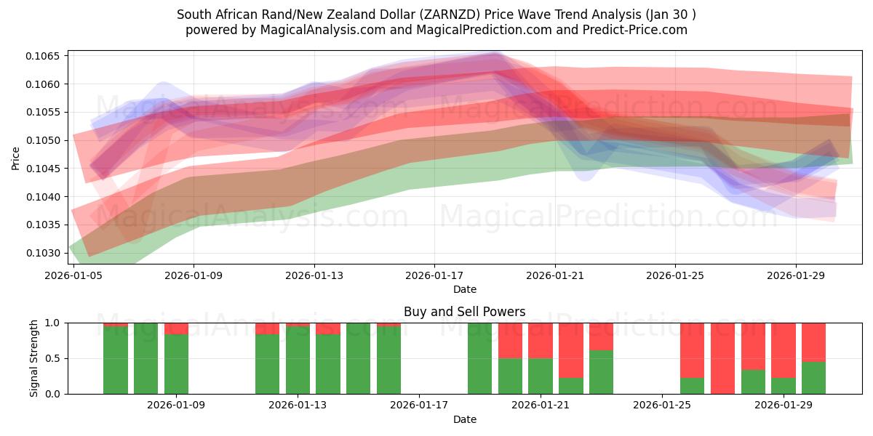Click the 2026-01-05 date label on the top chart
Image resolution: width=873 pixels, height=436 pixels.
pos(73,275)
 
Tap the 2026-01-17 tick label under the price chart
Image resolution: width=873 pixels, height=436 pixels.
pos(434,275)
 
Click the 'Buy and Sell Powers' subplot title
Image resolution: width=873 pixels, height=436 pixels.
pos(464,312)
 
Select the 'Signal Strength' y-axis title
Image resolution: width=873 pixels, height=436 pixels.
pos(34,358)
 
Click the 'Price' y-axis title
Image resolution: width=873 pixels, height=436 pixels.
pos(16,158)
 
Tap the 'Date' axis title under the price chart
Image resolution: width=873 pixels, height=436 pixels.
pos(464,289)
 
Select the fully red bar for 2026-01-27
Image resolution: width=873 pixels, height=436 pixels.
pos(722,358)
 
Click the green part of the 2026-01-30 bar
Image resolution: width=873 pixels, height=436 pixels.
pos(813,378)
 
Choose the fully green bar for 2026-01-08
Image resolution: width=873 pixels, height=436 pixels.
pos(146,358)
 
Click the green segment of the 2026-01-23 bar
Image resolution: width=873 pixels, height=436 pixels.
pos(601,372)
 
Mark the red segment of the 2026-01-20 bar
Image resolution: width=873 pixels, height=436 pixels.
pos(510,341)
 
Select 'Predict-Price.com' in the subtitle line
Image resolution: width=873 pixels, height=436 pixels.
pos(637,30)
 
